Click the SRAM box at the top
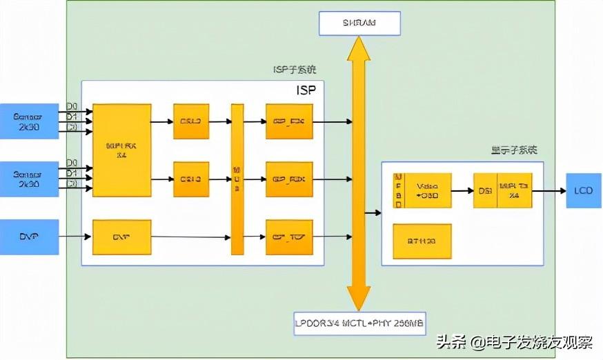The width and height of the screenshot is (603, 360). pyautogui.click(x=359, y=23)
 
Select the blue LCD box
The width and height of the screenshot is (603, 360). pyautogui.click(x=583, y=191)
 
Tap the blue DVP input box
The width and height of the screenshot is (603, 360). pyautogui.click(x=29, y=237)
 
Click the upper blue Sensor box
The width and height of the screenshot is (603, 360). pyautogui.click(x=29, y=121)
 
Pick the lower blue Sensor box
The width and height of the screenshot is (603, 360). pyautogui.click(x=29, y=179)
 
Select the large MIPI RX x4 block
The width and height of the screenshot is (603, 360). pyautogui.click(x=121, y=150)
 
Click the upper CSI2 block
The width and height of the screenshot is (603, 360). pyautogui.click(x=190, y=122)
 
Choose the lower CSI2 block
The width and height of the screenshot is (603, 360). pyautogui.click(x=190, y=179)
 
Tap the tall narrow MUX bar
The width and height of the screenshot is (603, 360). pyautogui.click(x=237, y=179)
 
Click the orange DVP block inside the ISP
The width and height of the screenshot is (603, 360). pyautogui.click(x=121, y=237)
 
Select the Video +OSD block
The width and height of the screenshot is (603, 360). pyautogui.click(x=426, y=191)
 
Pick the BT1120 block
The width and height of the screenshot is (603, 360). pyautogui.click(x=422, y=241)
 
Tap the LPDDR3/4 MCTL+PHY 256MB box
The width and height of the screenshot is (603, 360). pyautogui.click(x=359, y=323)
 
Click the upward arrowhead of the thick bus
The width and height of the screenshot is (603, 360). pyautogui.click(x=359, y=47)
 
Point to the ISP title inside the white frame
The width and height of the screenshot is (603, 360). pyautogui.click(x=307, y=91)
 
